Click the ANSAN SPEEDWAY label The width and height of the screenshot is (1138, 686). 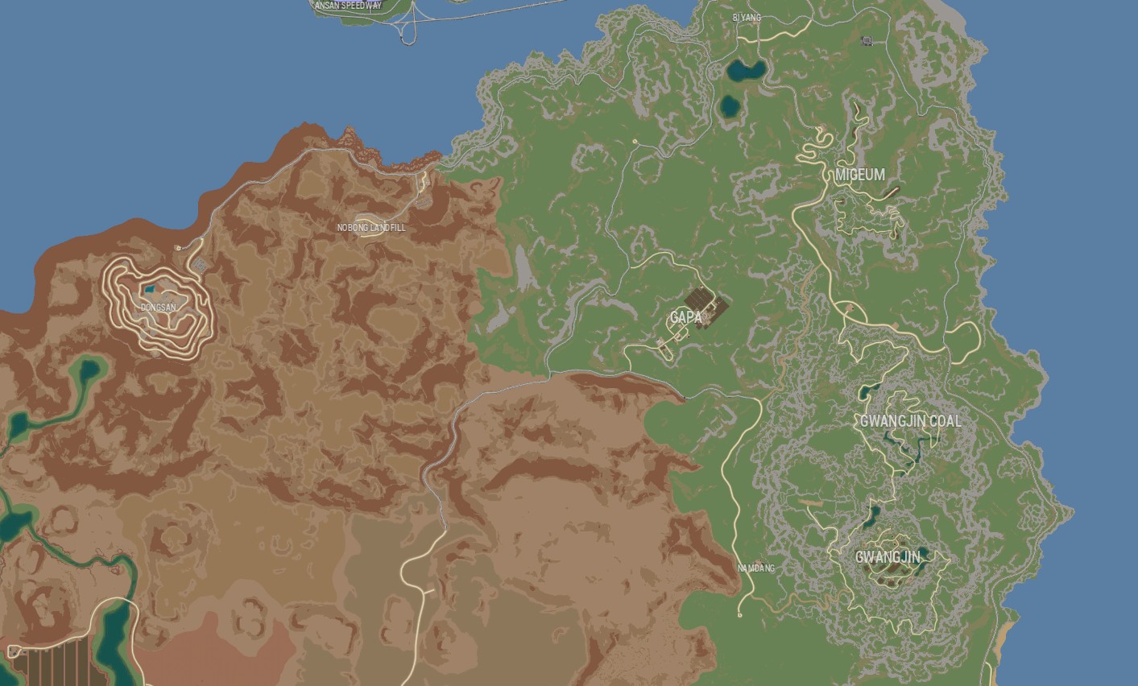point(348,6)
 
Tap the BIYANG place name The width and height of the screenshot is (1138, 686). point(746,17)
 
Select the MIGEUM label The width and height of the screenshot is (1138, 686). point(859,175)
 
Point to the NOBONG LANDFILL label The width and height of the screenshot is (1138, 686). point(371,228)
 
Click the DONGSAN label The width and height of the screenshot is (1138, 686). point(158,308)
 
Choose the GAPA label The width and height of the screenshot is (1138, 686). point(686,317)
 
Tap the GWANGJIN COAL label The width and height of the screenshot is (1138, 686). point(910,421)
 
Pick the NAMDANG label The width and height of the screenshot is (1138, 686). point(756,568)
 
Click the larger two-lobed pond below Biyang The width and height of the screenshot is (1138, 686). point(747,70)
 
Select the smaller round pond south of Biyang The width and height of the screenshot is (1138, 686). point(730,105)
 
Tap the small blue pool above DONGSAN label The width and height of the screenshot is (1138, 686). point(149,288)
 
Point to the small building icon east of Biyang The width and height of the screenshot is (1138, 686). point(867,40)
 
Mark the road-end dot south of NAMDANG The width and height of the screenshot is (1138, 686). point(740,615)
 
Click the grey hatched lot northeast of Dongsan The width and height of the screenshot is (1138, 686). point(199,264)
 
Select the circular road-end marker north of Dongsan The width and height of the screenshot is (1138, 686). point(178,248)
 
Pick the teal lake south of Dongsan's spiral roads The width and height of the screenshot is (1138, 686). point(85,373)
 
